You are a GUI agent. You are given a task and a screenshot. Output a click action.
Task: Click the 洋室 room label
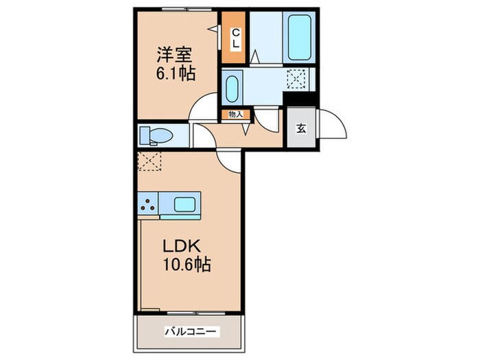175,55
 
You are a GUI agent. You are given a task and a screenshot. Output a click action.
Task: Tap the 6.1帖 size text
176,73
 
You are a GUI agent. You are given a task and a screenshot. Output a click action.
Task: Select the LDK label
182,245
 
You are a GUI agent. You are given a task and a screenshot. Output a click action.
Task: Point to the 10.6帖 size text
187,265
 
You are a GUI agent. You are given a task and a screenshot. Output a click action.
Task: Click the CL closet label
235,38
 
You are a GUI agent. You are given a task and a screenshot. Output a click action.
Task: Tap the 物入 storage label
235,115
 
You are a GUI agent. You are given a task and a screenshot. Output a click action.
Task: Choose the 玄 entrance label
301,129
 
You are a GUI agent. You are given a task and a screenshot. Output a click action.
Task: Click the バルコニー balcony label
192,331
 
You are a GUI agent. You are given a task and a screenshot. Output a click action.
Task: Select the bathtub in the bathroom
299,37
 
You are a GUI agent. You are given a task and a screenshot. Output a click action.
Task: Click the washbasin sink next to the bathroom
232,88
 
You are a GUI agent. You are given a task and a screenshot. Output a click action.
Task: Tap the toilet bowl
156,136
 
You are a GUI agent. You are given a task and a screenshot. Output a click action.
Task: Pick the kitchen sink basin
184,204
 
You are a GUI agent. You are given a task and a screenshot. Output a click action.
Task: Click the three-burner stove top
147,204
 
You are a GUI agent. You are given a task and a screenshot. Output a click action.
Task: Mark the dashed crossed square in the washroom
296,79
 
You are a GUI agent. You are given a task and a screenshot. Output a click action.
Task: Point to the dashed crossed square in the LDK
149,161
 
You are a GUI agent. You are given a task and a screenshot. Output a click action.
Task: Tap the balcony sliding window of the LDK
196,313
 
